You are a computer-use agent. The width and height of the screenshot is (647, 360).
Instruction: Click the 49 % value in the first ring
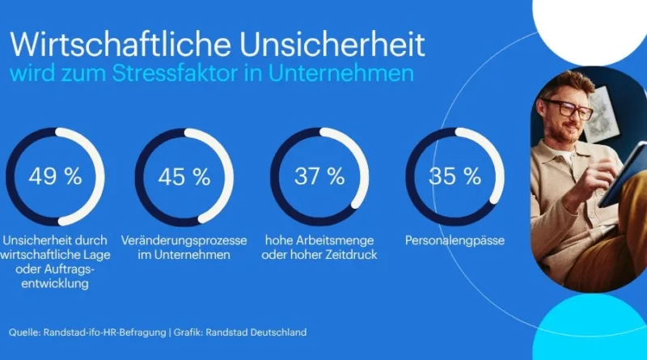pos(55,176)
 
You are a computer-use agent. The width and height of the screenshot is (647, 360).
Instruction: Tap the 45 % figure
pos(184,176)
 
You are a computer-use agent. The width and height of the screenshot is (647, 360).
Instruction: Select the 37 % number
pos(319,176)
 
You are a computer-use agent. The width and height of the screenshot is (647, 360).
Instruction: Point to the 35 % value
pos(455,176)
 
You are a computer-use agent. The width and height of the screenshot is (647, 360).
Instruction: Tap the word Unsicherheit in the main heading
pos(332,44)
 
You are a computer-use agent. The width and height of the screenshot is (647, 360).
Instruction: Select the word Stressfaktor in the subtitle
pos(175,73)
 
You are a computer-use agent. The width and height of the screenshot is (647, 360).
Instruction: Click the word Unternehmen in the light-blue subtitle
pos(340,73)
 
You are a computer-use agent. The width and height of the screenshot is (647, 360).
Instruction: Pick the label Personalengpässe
pos(455,241)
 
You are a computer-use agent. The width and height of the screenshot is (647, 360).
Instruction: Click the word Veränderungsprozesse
pos(184,240)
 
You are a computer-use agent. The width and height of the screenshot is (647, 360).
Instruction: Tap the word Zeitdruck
pos(351,255)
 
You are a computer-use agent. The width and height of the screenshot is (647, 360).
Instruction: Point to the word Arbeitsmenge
pos(334,240)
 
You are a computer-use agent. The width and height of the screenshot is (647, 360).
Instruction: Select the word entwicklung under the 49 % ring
pos(55,284)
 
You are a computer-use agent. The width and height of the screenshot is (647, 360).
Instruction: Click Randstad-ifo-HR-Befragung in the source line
pos(105,332)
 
